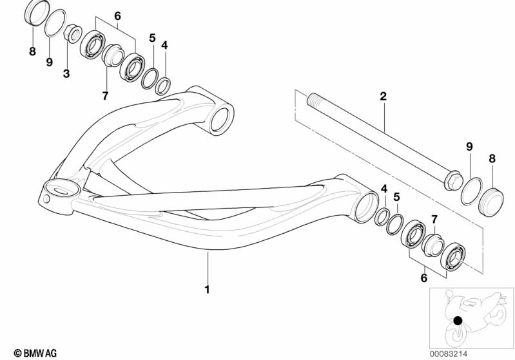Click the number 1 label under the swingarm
coord(207,290)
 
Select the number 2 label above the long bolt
coord(383,97)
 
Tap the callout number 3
coord(66,74)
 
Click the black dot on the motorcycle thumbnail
coord(457,321)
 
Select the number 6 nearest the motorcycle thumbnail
coord(424,278)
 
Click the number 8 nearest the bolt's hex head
coord(492,157)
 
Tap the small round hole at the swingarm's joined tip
coord(47,199)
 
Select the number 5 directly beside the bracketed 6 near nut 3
coord(152,38)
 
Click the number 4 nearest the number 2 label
coord(384,189)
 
